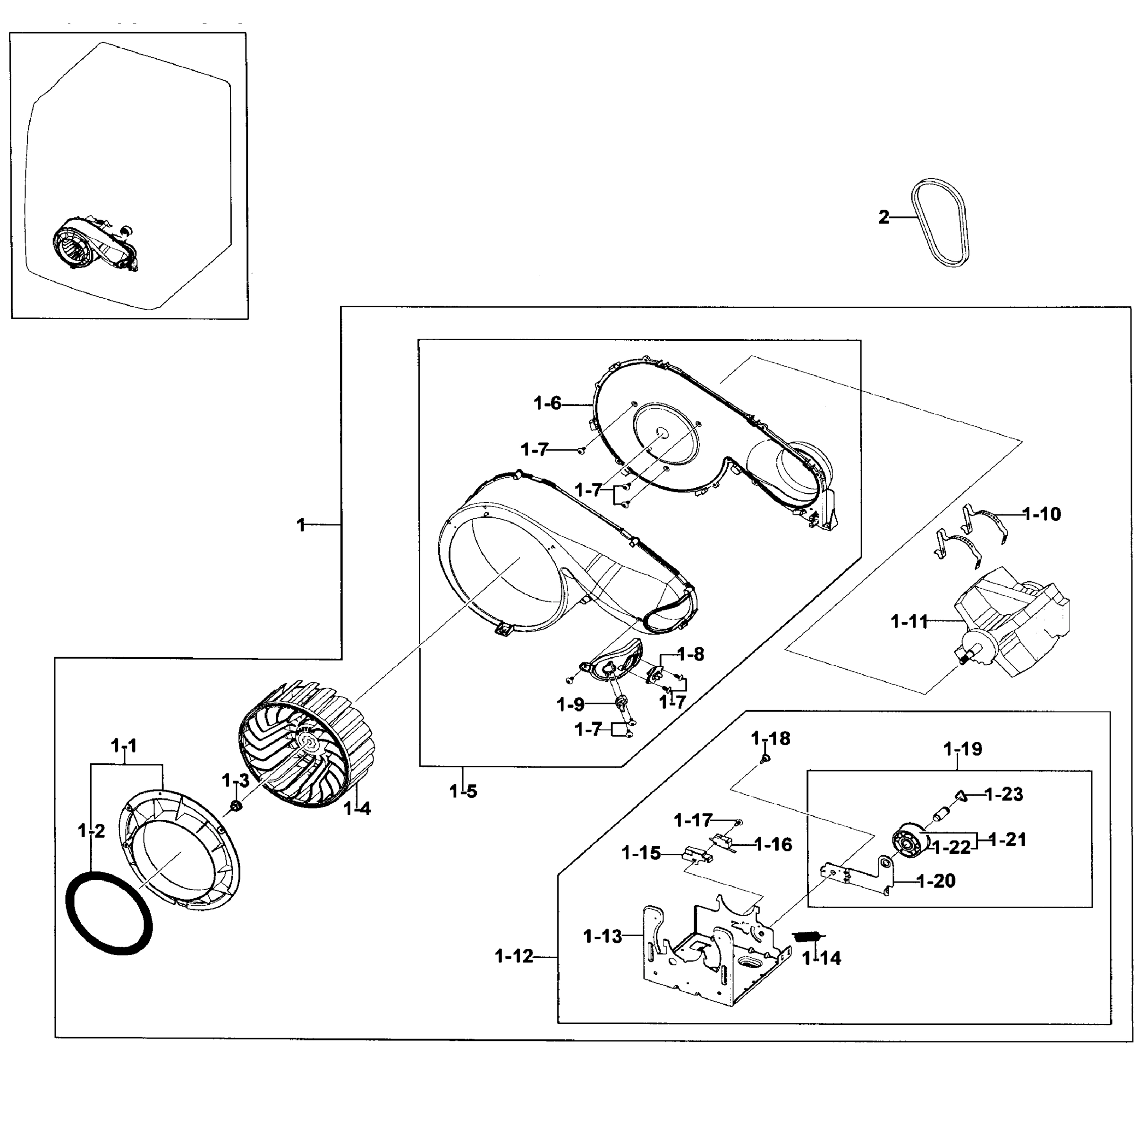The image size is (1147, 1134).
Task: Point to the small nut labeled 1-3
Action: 235,807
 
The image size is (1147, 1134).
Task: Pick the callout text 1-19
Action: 963,749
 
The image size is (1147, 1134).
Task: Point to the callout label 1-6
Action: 547,404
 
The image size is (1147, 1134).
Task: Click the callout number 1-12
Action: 514,956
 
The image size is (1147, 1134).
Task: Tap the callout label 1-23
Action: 1004,794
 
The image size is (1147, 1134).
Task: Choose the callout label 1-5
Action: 463,791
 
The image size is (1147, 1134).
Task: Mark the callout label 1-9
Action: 570,704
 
